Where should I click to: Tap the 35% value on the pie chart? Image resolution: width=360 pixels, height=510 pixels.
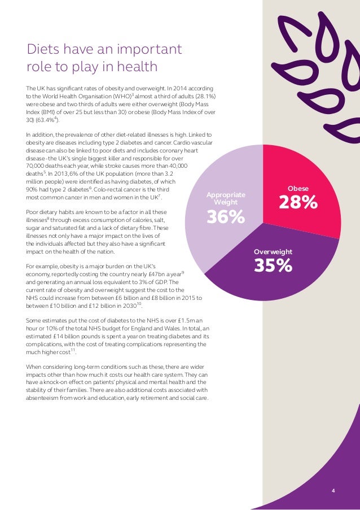[x=273, y=265]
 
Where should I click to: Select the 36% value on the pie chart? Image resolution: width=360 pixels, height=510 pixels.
[x=226, y=216]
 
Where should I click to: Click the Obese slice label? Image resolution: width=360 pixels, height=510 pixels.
[x=298, y=188]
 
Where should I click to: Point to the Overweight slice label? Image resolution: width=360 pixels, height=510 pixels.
[x=273, y=252]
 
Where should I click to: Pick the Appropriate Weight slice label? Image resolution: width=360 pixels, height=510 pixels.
[x=226, y=198]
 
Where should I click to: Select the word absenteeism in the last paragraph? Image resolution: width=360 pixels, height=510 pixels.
[x=47, y=398]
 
